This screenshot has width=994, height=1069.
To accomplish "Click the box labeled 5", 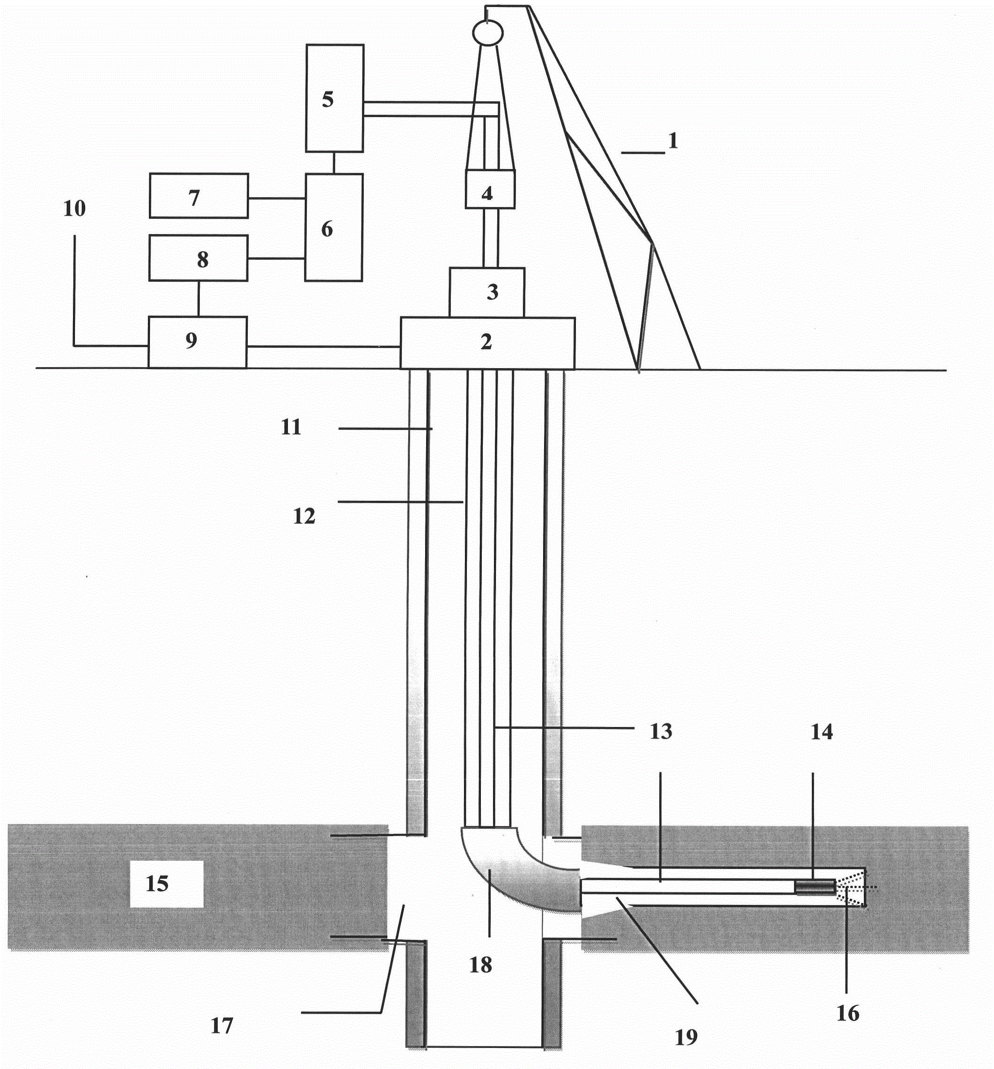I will (x=334, y=98).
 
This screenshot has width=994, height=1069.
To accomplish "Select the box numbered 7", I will (x=199, y=196).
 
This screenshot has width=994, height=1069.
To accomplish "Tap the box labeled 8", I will (x=199, y=258).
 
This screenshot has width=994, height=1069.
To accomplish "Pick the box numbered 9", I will (x=197, y=342).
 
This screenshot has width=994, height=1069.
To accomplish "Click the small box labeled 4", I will (x=490, y=189).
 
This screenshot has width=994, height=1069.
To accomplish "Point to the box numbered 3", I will (x=486, y=292).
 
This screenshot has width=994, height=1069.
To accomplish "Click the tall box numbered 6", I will (x=333, y=228).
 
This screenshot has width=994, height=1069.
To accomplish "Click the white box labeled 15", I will (x=166, y=883).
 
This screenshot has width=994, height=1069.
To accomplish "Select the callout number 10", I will (x=74, y=208).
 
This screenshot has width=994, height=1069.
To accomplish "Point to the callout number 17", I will (x=221, y=1026).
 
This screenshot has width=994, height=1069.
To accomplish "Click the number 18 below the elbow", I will (x=480, y=965).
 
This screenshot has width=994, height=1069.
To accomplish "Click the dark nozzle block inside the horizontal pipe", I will (x=815, y=887).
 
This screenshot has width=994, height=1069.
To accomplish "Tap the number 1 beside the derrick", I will (x=672, y=141).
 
